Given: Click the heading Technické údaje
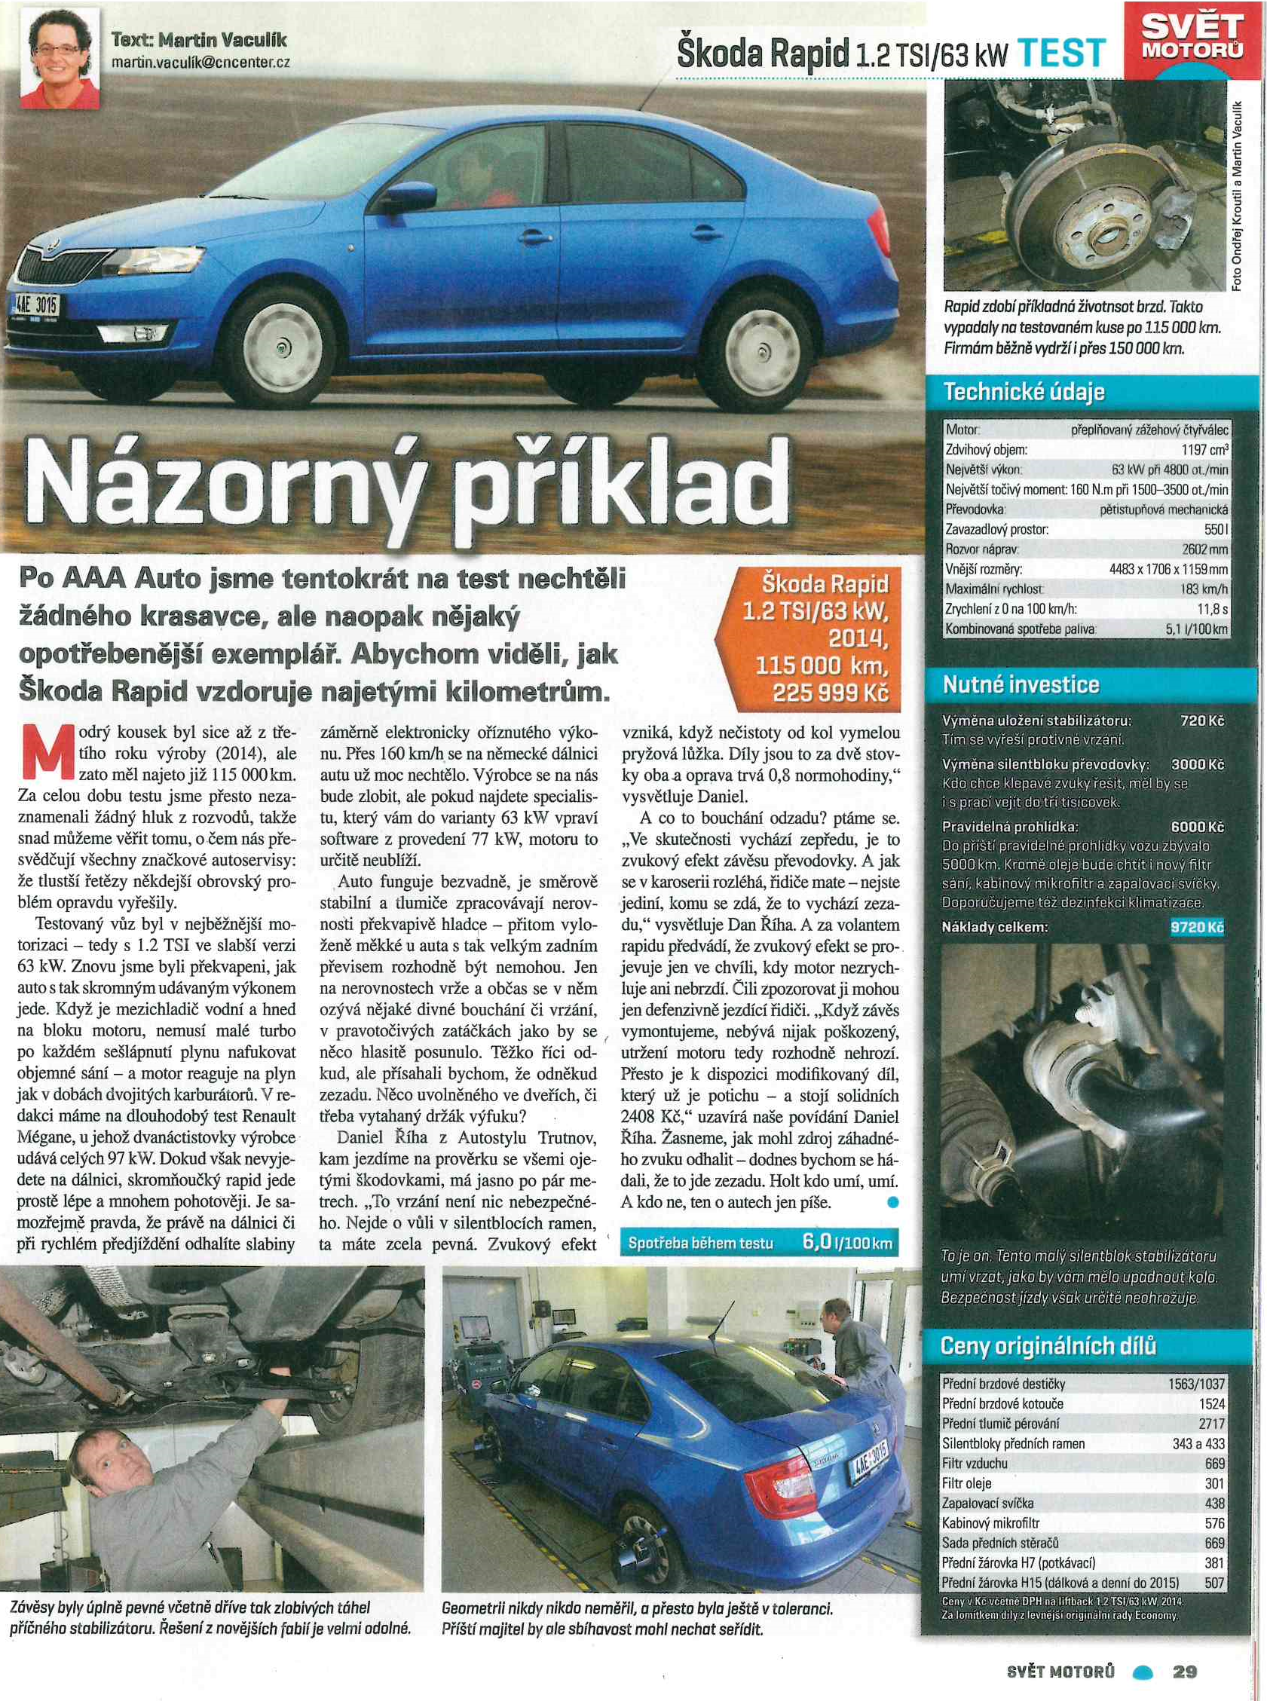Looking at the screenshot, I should coord(1023,392).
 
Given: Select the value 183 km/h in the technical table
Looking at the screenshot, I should coord(1204,610).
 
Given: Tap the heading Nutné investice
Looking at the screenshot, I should coord(1020,684).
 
